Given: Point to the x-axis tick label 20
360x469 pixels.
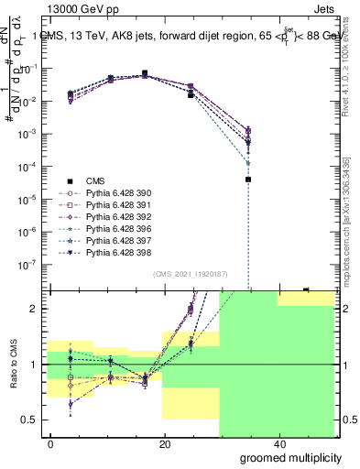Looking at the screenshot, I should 165,443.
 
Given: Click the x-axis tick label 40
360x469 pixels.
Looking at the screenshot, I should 278,443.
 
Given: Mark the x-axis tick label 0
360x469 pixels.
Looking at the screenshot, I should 51,443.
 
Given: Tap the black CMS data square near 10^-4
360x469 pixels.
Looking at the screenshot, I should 248,179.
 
